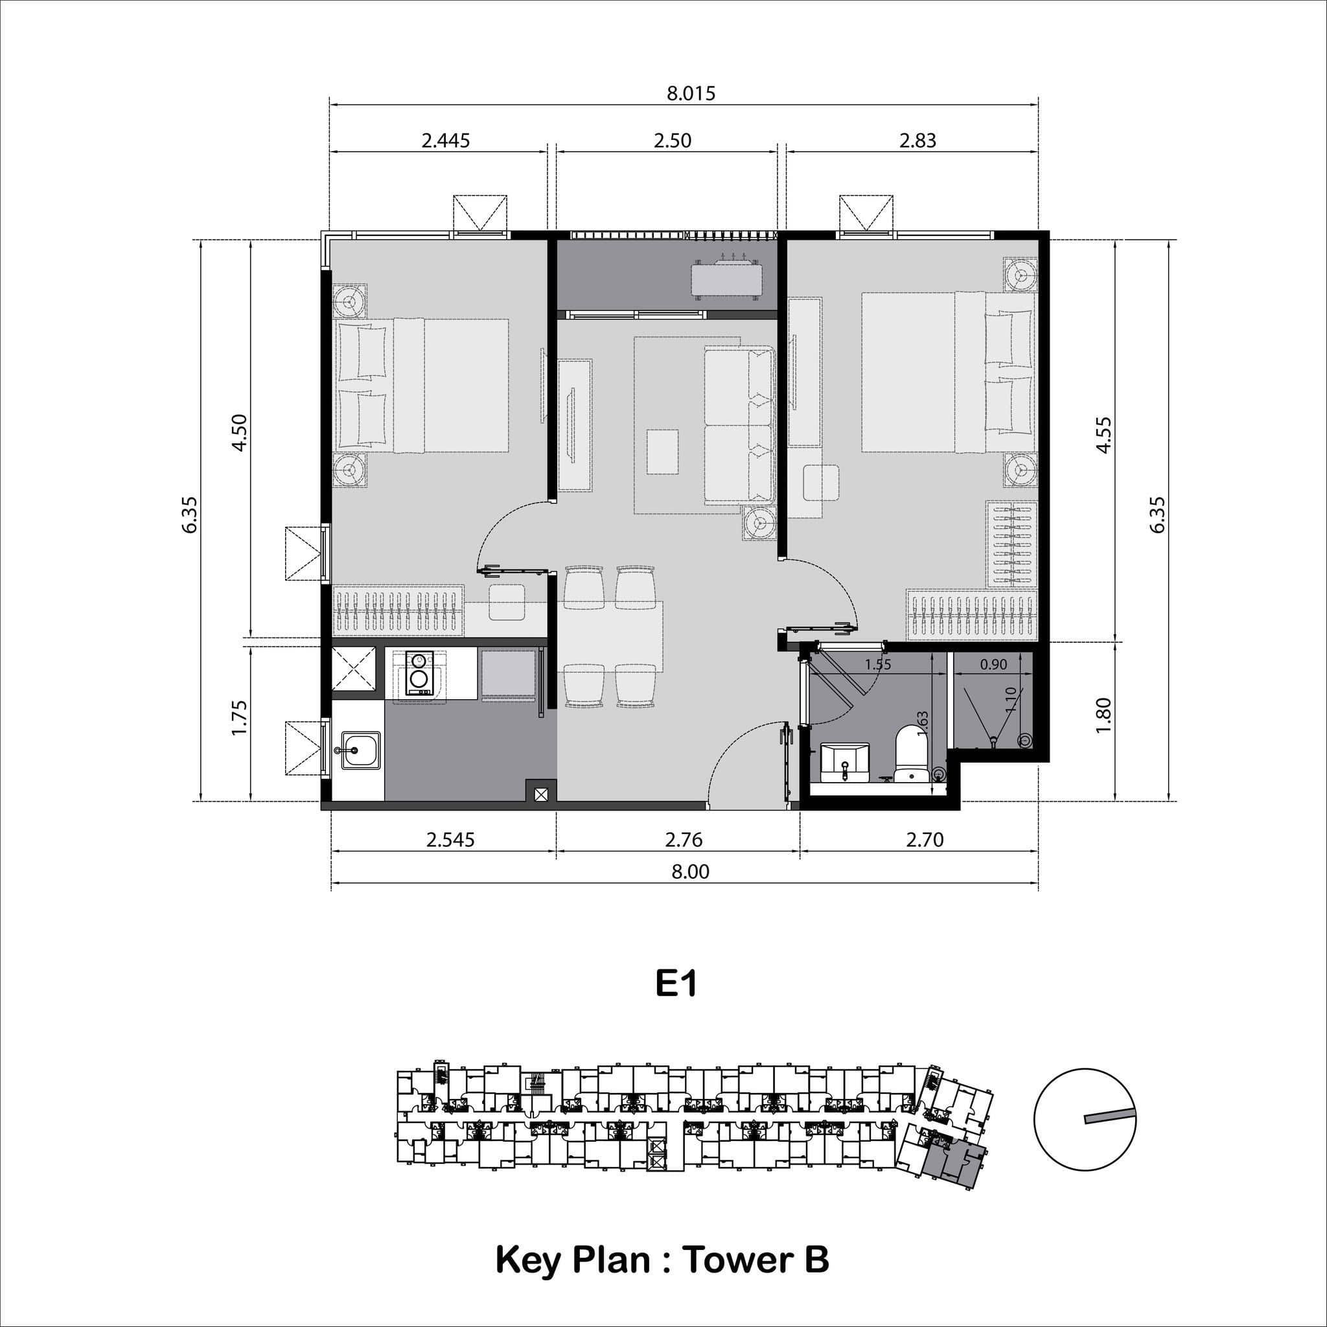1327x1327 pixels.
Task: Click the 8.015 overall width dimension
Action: click(x=691, y=93)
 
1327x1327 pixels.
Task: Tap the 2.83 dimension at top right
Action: click(x=917, y=141)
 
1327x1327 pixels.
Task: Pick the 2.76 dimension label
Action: click(x=683, y=839)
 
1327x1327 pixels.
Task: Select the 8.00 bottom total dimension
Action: click(x=689, y=871)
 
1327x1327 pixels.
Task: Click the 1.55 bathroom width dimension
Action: click(x=878, y=664)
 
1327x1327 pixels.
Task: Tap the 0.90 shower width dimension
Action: click(x=993, y=664)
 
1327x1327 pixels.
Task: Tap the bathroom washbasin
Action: click(x=845, y=763)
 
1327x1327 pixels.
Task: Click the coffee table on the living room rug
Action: click(x=662, y=451)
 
